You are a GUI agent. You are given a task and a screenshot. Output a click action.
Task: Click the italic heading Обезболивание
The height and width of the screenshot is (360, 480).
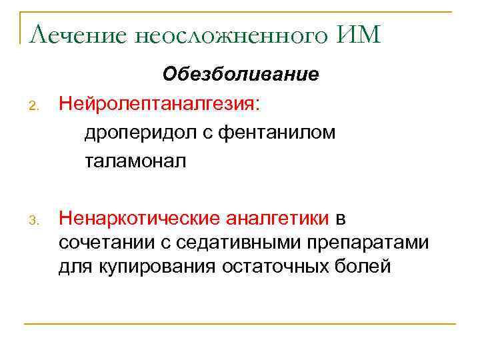pyautogui.click(x=241, y=74)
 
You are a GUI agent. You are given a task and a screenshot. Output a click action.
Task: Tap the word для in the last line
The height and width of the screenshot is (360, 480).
pyautogui.click(x=74, y=267)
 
